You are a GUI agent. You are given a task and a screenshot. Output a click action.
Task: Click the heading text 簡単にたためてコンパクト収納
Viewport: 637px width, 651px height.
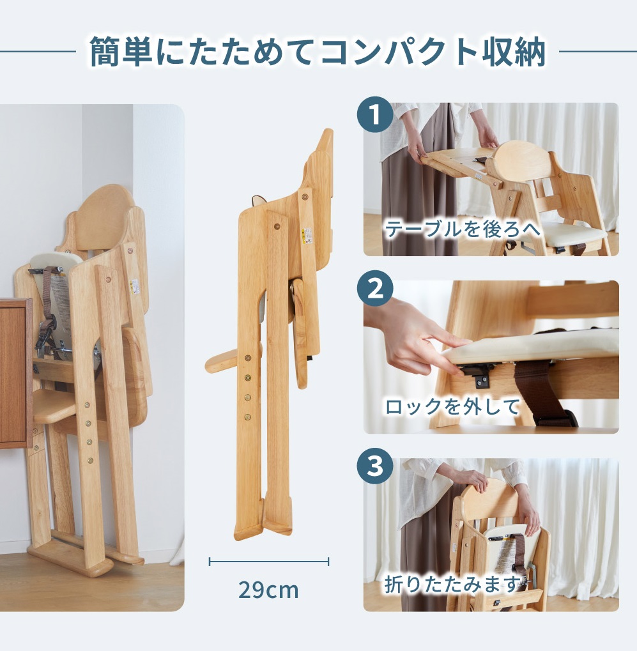pos(318,52)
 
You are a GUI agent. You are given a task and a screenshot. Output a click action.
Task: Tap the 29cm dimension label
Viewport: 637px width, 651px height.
pos(268,590)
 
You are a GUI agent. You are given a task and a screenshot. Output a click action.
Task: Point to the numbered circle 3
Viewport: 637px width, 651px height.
pos(375,466)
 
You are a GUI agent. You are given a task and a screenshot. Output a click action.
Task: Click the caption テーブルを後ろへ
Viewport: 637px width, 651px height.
pos(462,229)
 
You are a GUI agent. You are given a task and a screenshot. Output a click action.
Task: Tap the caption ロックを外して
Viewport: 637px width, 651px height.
pos(452,406)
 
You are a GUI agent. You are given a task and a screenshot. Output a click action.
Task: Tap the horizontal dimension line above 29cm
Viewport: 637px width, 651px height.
pos(268,562)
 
